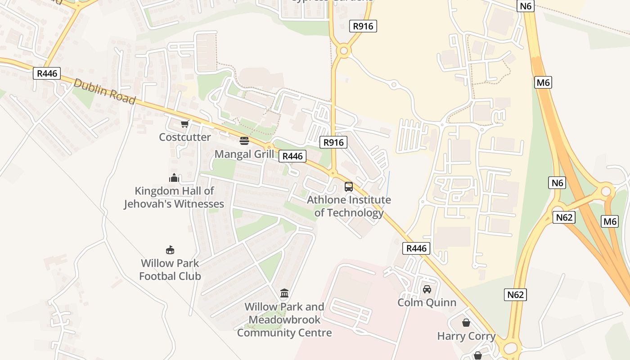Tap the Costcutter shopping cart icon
click(184, 124)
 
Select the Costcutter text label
click(184, 137)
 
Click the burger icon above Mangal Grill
click(244, 141)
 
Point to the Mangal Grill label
click(244, 154)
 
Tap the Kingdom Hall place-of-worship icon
click(174, 178)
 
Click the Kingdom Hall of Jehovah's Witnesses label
click(174, 198)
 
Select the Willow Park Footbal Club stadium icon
click(170, 250)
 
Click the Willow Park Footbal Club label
click(170, 270)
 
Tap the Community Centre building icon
click(284, 294)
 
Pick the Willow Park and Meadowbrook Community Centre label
click(284, 320)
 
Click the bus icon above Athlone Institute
click(349, 187)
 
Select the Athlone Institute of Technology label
click(349, 206)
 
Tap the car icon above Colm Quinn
click(427, 289)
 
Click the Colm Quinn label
click(427, 302)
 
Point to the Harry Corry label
click(466, 336)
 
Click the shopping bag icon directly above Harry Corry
click(466, 323)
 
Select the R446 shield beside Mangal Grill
click(292, 156)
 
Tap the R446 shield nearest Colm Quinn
click(416, 248)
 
